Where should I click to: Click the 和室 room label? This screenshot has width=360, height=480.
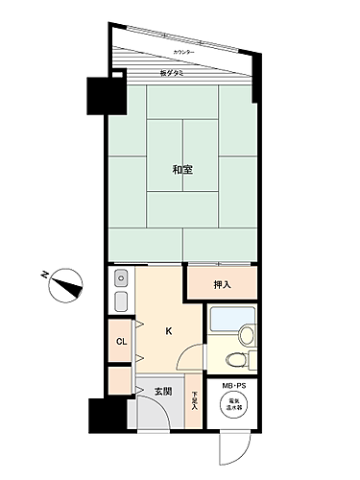click(182, 170)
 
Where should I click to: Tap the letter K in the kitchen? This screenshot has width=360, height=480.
click(169, 332)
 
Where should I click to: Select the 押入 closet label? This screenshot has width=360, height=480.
click(222, 284)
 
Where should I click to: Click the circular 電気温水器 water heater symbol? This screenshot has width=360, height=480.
click(234, 406)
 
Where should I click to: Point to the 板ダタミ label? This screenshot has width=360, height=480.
click(173, 74)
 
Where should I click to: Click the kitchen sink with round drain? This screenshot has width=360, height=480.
click(122, 278)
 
